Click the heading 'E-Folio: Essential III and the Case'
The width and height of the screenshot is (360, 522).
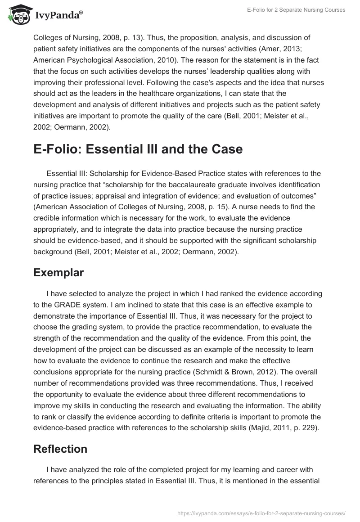[138, 149]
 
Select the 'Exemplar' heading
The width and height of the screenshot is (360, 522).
[59, 273]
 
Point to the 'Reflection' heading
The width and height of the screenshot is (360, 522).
[60, 449]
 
